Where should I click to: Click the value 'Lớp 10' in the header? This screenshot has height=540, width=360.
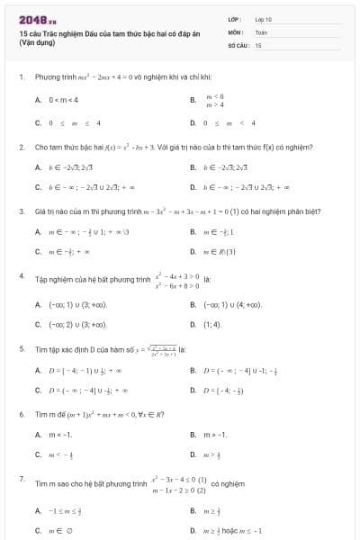coord(263,18)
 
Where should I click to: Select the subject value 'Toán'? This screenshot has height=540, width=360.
coord(261,31)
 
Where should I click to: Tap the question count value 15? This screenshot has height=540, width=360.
coord(258,44)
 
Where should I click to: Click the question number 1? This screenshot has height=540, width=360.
coord(21,77)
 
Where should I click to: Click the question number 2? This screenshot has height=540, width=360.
coord(21,145)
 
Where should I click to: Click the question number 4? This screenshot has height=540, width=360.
coord(21,276)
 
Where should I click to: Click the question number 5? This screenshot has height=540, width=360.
coord(21,347)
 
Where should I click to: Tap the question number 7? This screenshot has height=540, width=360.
coord(21,480)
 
